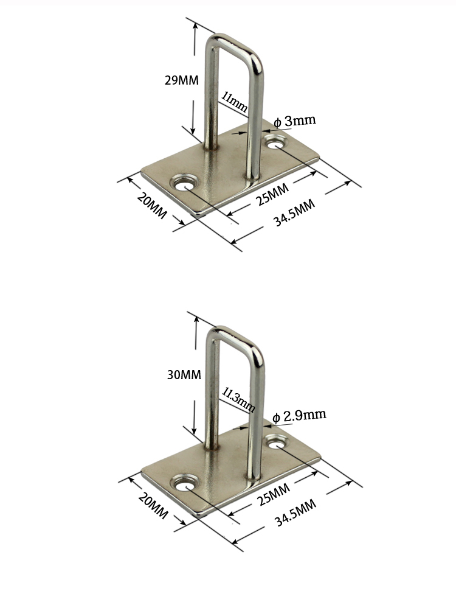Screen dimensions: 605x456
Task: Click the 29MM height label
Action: pos(182,80)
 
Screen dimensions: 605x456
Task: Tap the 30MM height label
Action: pos(184,375)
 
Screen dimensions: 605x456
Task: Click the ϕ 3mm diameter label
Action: pos(295,121)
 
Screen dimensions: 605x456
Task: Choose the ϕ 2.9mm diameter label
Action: pos(299,416)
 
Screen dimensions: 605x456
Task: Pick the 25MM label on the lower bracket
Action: pos(273,492)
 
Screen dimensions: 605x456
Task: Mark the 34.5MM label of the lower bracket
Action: pos(295,509)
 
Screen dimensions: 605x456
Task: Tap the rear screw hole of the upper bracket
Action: pos(277,144)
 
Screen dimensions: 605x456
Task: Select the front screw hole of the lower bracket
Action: pos(183,484)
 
